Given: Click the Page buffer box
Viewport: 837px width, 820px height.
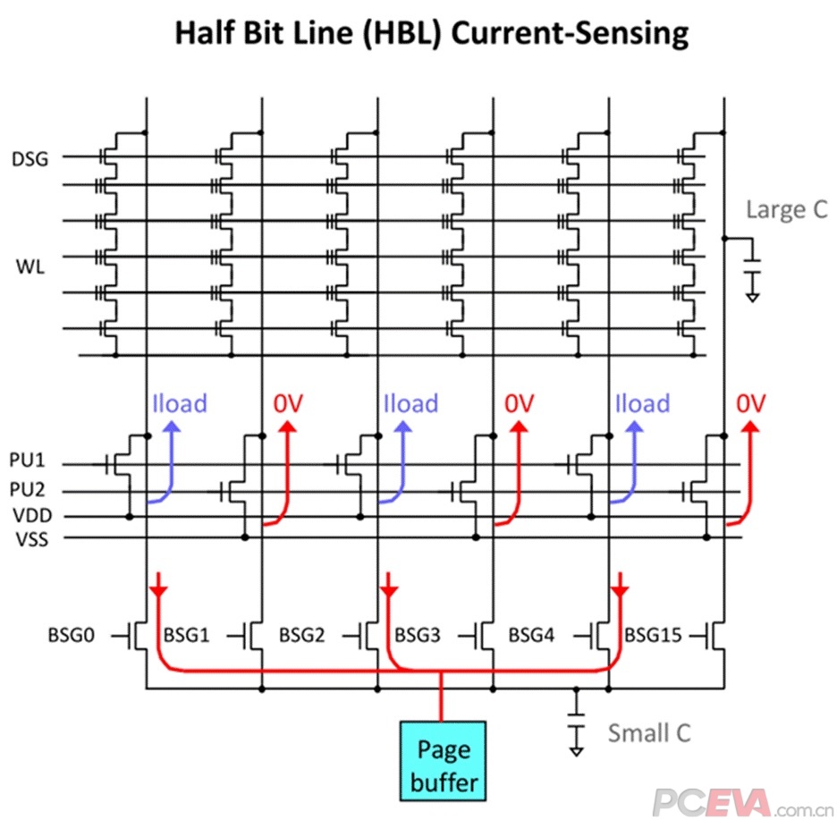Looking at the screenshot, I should [x=443, y=759].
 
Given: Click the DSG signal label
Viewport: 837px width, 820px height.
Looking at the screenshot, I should [x=30, y=159].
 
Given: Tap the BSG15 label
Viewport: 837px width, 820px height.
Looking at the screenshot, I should [x=653, y=636].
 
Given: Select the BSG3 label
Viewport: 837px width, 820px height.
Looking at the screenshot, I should [x=417, y=636].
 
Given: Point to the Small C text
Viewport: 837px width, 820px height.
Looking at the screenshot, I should [x=650, y=732].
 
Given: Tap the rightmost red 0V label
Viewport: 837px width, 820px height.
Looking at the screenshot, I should [x=751, y=403].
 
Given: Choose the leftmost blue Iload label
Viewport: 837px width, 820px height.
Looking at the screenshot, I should [x=180, y=403].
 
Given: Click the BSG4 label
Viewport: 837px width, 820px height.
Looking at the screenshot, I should [x=531, y=636].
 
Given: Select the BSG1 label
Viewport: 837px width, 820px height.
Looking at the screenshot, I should [x=186, y=636].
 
